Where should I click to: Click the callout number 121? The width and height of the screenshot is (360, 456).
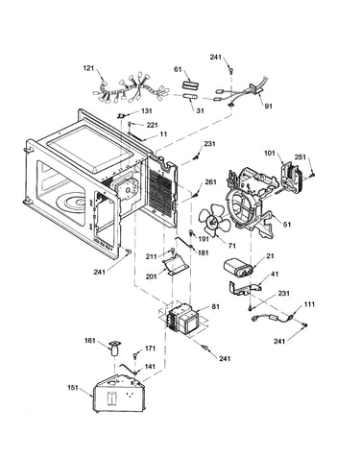pyautogui.click(x=88, y=68)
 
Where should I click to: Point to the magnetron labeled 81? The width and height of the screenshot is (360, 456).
pyautogui.click(x=182, y=321)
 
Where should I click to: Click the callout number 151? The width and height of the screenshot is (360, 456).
pyautogui.click(x=73, y=388)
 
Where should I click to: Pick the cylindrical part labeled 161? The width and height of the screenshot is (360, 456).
pyautogui.click(x=114, y=348)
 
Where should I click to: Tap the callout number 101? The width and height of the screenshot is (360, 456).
pyautogui.click(x=270, y=153)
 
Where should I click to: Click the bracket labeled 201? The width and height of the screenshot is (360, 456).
pyautogui.click(x=176, y=264)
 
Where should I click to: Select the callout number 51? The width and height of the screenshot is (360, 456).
pyautogui.click(x=287, y=225)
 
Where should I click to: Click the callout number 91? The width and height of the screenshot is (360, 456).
pyautogui.click(x=268, y=106)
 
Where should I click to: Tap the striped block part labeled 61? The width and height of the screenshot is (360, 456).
pyautogui.click(x=191, y=84)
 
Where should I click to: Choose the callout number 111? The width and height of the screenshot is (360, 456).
pyautogui.click(x=309, y=303)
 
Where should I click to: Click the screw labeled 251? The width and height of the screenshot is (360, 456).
pyautogui.click(x=313, y=174)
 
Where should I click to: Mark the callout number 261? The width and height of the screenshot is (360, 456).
pyautogui.click(x=210, y=181)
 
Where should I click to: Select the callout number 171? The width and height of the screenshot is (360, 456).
pyautogui.click(x=150, y=348)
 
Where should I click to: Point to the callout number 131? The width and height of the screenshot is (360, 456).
pyautogui.click(x=146, y=111)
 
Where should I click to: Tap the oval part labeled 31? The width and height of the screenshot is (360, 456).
pyautogui.click(x=190, y=96)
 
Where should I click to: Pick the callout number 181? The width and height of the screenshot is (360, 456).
pyautogui.click(x=204, y=252)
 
